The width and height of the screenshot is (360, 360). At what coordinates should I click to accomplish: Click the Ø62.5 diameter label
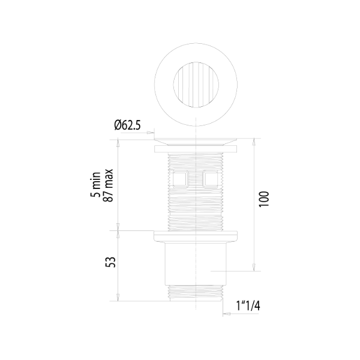127,125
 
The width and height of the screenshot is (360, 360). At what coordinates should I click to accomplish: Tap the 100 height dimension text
264,199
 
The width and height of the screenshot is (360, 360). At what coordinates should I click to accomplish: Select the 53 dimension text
110,262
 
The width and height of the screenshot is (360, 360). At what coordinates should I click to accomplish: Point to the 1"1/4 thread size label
248,306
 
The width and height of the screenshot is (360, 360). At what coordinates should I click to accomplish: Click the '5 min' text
95,184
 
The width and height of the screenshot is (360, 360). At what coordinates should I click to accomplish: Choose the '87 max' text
109,185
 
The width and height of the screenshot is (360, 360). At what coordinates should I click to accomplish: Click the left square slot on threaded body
180,179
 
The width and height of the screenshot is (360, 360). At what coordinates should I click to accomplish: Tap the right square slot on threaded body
210,179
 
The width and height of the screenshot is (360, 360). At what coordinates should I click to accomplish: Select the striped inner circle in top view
196,85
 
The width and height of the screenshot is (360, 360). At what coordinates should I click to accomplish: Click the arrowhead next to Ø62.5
151,133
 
